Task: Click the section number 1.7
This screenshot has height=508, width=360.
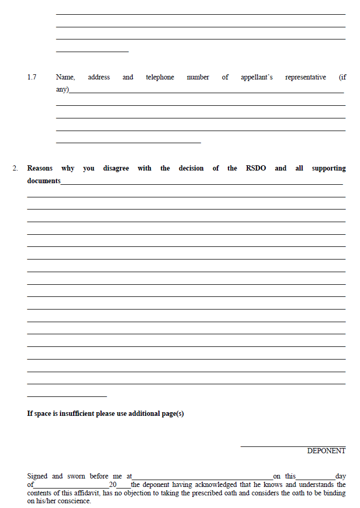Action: [x=32, y=77]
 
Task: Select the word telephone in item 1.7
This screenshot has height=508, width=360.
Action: [x=159, y=77]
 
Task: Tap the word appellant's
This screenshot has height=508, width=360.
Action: [x=256, y=77]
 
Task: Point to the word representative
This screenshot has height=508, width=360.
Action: [x=305, y=77]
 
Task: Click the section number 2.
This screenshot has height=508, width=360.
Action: [x=15, y=168]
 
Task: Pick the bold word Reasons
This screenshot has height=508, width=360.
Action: [x=40, y=168]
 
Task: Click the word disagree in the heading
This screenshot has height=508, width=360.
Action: [x=116, y=168]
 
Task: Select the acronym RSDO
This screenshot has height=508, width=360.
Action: [x=256, y=168]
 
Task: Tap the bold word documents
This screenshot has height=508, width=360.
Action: [x=44, y=181]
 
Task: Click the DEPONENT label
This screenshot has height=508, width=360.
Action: [x=326, y=451]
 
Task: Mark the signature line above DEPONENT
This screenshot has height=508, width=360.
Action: [x=293, y=446]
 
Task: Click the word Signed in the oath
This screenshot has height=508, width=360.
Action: [x=37, y=476]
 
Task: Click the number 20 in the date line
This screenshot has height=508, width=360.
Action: [x=113, y=485]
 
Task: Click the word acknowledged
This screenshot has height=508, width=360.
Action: [x=200, y=485]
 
